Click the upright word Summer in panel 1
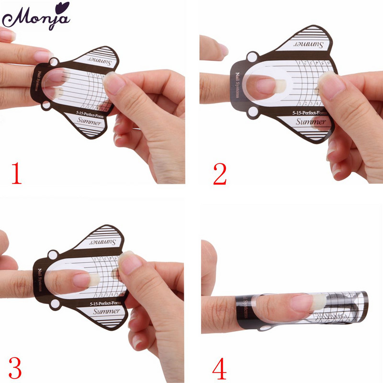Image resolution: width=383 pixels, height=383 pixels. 88,123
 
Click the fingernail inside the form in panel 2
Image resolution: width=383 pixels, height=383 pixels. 264,86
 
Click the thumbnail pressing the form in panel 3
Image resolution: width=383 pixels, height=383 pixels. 131,263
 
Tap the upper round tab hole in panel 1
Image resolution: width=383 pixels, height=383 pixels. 54,63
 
